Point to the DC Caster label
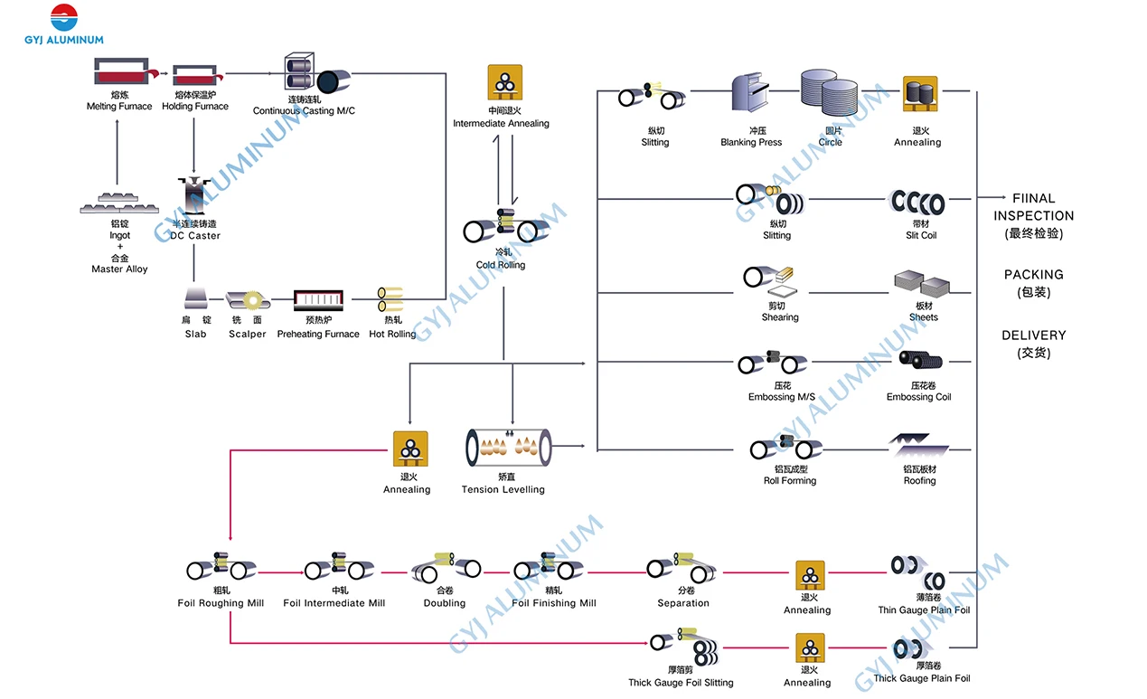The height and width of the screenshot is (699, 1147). tap(195, 236)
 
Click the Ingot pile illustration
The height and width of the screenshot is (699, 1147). tap(119, 203)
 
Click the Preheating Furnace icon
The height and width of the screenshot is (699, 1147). tap(318, 301)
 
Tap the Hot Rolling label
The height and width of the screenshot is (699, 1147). tap(392, 335)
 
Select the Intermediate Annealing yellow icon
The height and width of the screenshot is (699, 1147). tap(501, 82)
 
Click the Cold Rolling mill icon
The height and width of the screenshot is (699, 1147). tap(502, 228)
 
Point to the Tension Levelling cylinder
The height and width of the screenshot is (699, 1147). tap(508, 448)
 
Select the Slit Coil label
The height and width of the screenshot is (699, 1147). tap(921, 236)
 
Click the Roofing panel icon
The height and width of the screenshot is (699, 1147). tap(918, 446)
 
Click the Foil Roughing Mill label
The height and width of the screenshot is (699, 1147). tap(221, 604)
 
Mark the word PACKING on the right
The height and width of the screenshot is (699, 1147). tap(1034, 275)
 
